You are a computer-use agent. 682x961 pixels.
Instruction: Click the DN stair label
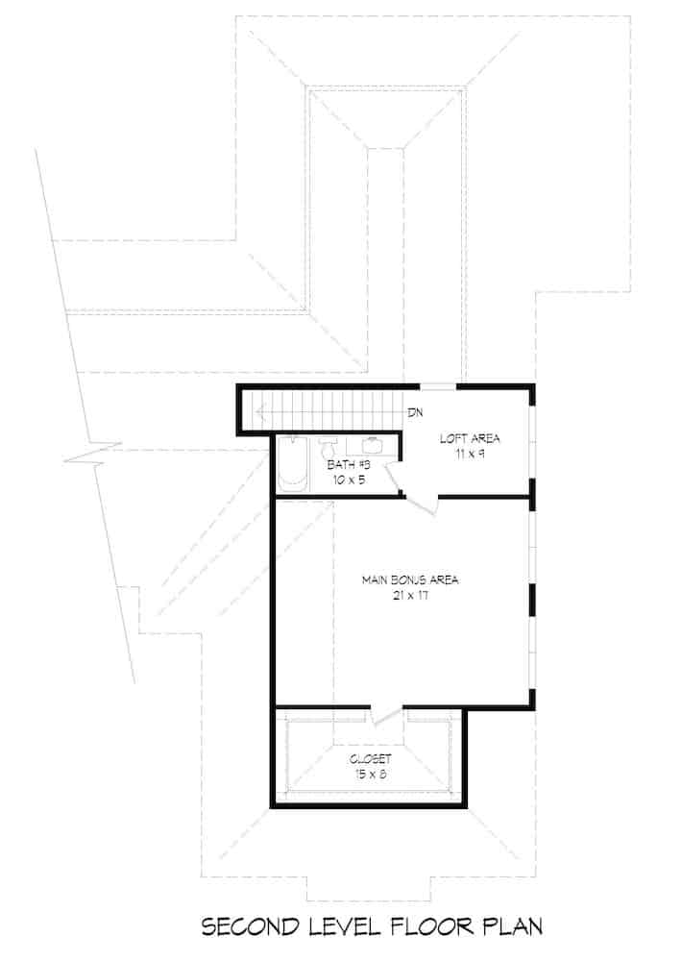[x=415, y=413]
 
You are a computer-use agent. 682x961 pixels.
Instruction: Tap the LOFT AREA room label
[x=470, y=438]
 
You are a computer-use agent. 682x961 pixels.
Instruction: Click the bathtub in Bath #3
[x=290, y=466]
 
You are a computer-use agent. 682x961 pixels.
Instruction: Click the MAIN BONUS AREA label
[x=410, y=579]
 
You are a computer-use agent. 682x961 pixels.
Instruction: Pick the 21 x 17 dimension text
[x=410, y=595]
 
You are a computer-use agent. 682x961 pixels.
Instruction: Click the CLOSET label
[x=370, y=757]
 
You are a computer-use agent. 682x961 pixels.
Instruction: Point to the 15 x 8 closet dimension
[x=370, y=772]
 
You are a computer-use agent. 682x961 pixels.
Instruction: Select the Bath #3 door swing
[x=395, y=476]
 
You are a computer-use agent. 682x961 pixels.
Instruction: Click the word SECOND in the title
[x=249, y=927]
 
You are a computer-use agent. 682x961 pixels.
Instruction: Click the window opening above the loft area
[x=438, y=386]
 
